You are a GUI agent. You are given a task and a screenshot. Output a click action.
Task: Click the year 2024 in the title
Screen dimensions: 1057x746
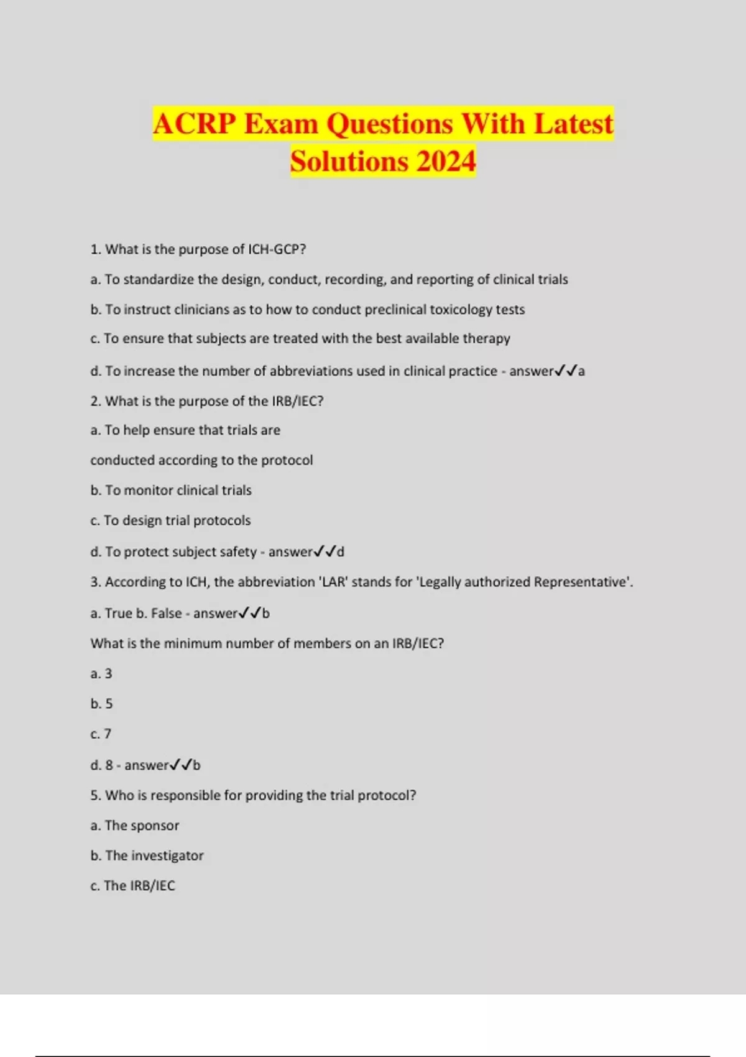pyautogui.click(x=446, y=162)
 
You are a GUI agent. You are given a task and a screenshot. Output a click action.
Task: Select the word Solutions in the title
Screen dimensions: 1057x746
pyautogui.click(x=349, y=162)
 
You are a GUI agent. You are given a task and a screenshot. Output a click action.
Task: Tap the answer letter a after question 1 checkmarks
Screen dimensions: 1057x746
pyautogui.click(x=581, y=371)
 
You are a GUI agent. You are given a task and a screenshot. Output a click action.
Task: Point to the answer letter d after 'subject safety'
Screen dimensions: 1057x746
pyautogui.click(x=341, y=552)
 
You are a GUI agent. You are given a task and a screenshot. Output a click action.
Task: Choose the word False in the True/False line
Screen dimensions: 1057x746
pyautogui.click(x=167, y=614)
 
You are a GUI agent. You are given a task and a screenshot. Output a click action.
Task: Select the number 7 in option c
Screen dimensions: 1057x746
pyautogui.click(x=108, y=734)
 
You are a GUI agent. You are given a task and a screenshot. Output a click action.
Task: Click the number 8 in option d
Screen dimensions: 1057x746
pyautogui.click(x=109, y=765)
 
